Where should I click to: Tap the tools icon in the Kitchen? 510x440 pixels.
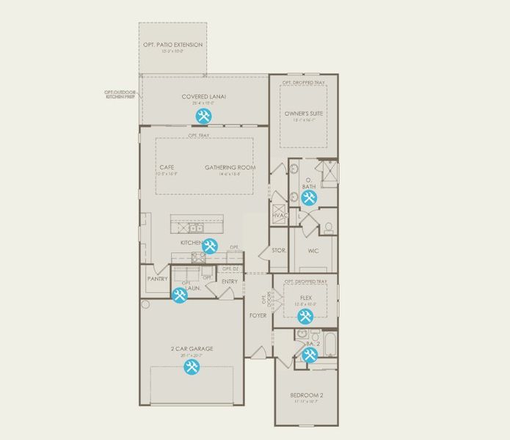(210, 247)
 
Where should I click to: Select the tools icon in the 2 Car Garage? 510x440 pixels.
(192, 367)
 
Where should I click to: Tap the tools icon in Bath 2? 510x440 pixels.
(310, 355)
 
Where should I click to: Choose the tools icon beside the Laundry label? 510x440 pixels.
(179, 296)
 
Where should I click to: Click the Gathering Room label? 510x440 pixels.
(230, 167)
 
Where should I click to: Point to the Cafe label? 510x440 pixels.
(167, 167)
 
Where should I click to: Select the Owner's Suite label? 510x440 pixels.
(304, 114)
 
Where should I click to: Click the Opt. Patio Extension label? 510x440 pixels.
(172, 45)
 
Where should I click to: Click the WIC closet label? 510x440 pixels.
(313, 251)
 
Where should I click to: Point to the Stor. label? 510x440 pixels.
(278, 251)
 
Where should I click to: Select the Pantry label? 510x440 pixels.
(157, 279)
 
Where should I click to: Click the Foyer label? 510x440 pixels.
(258, 315)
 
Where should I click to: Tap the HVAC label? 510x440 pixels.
(280, 215)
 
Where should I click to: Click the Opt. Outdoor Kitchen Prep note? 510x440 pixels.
(120, 95)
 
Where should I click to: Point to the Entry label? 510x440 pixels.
(229, 282)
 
